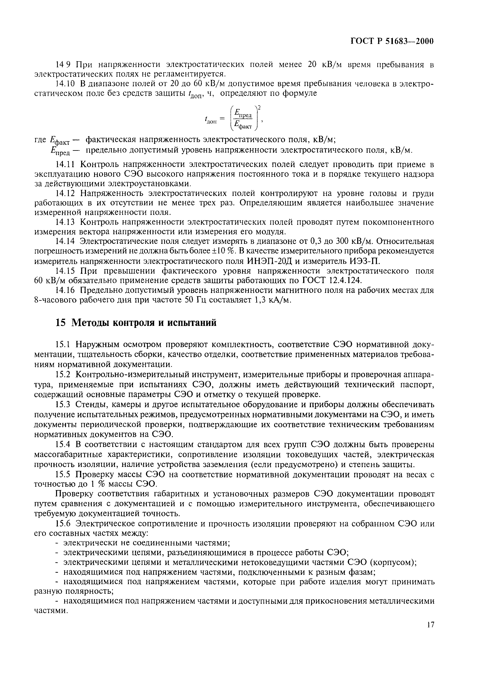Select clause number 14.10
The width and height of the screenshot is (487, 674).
point(65,84)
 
